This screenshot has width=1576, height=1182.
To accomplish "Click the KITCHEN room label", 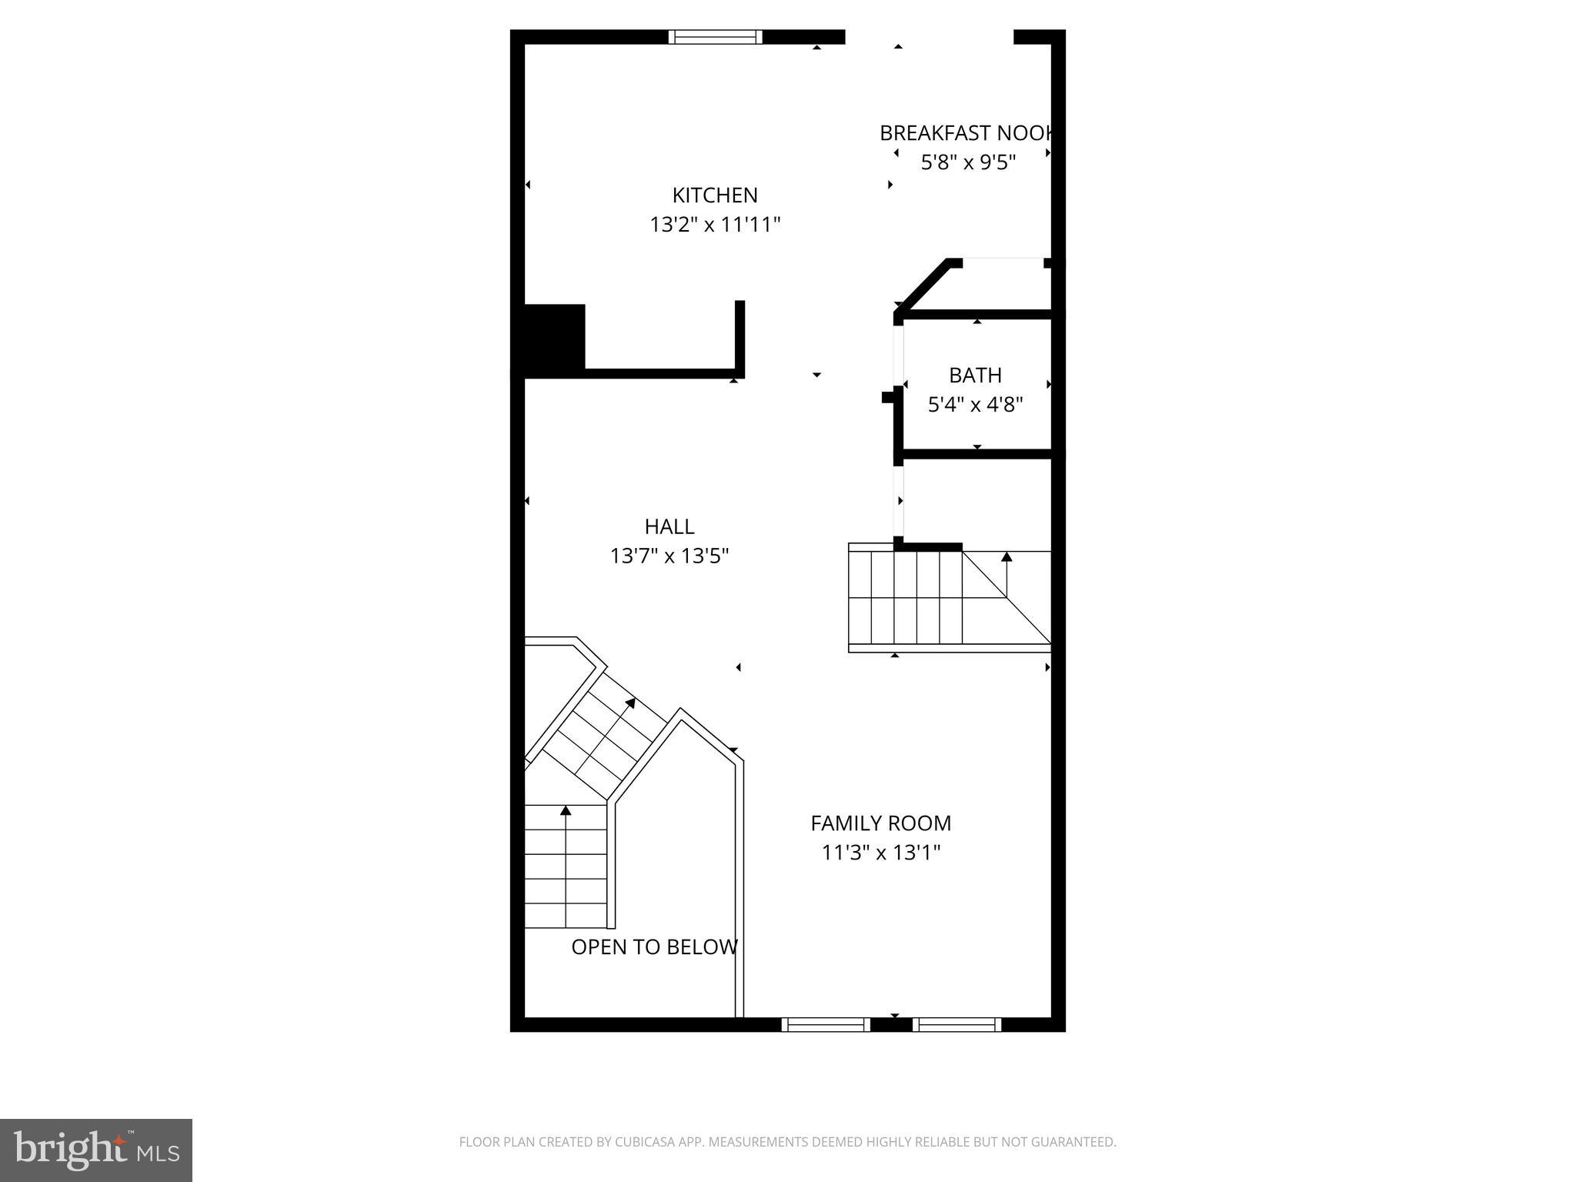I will (715, 195).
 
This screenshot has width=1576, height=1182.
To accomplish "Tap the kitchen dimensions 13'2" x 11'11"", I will (715, 225).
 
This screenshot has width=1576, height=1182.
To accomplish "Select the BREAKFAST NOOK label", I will (966, 133).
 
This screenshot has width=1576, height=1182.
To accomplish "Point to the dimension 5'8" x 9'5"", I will (968, 162).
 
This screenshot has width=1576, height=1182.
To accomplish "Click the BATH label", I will (975, 376).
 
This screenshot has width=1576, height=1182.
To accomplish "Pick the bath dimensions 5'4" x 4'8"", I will (975, 405).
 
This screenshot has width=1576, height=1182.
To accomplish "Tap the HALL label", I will (669, 526).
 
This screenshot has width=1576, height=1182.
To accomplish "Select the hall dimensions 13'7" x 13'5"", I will (669, 556).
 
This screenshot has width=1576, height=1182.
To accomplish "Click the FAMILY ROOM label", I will (880, 823).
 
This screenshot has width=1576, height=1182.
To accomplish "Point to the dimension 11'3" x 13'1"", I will (880, 853).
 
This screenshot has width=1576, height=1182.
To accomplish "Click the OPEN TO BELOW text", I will (654, 947).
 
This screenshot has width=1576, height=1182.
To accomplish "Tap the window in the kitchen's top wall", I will (715, 37).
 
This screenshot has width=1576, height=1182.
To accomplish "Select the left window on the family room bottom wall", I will (826, 1024).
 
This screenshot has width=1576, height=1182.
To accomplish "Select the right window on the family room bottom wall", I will (957, 1024).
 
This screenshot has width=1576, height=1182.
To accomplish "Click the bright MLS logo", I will (95, 1150).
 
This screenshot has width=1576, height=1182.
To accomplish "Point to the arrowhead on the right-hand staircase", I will (1006, 556).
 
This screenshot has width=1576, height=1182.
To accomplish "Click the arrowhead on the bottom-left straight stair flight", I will (566, 810).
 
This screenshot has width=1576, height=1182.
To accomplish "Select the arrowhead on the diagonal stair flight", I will (630, 703).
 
